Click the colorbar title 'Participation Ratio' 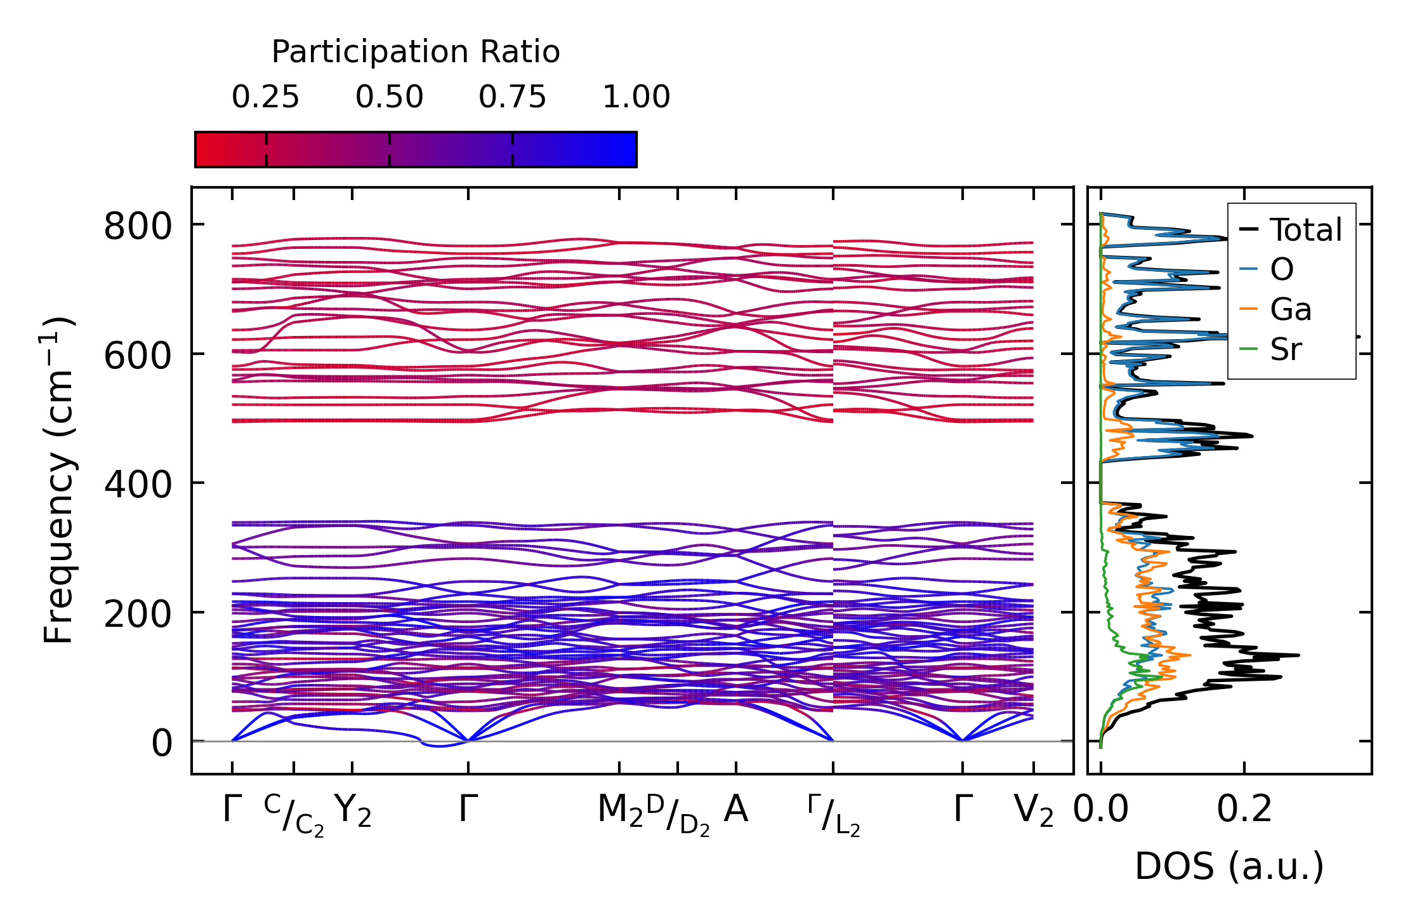click(x=416, y=52)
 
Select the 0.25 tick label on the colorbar click(x=265, y=97)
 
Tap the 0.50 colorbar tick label click(x=389, y=97)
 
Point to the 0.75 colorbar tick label click(x=512, y=97)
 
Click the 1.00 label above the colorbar click(x=636, y=97)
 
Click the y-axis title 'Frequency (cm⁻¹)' click(x=59, y=481)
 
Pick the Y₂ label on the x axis click(x=352, y=812)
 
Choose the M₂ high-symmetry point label click(x=620, y=812)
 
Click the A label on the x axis click(x=736, y=810)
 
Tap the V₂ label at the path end click(x=1033, y=812)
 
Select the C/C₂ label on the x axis click(x=294, y=815)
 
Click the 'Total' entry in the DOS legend click(x=1305, y=230)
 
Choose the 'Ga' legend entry click(x=1290, y=310)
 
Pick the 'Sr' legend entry click(x=1286, y=349)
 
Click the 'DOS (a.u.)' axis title click(x=1229, y=866)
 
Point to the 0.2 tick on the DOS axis click(x=1244, y=810)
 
